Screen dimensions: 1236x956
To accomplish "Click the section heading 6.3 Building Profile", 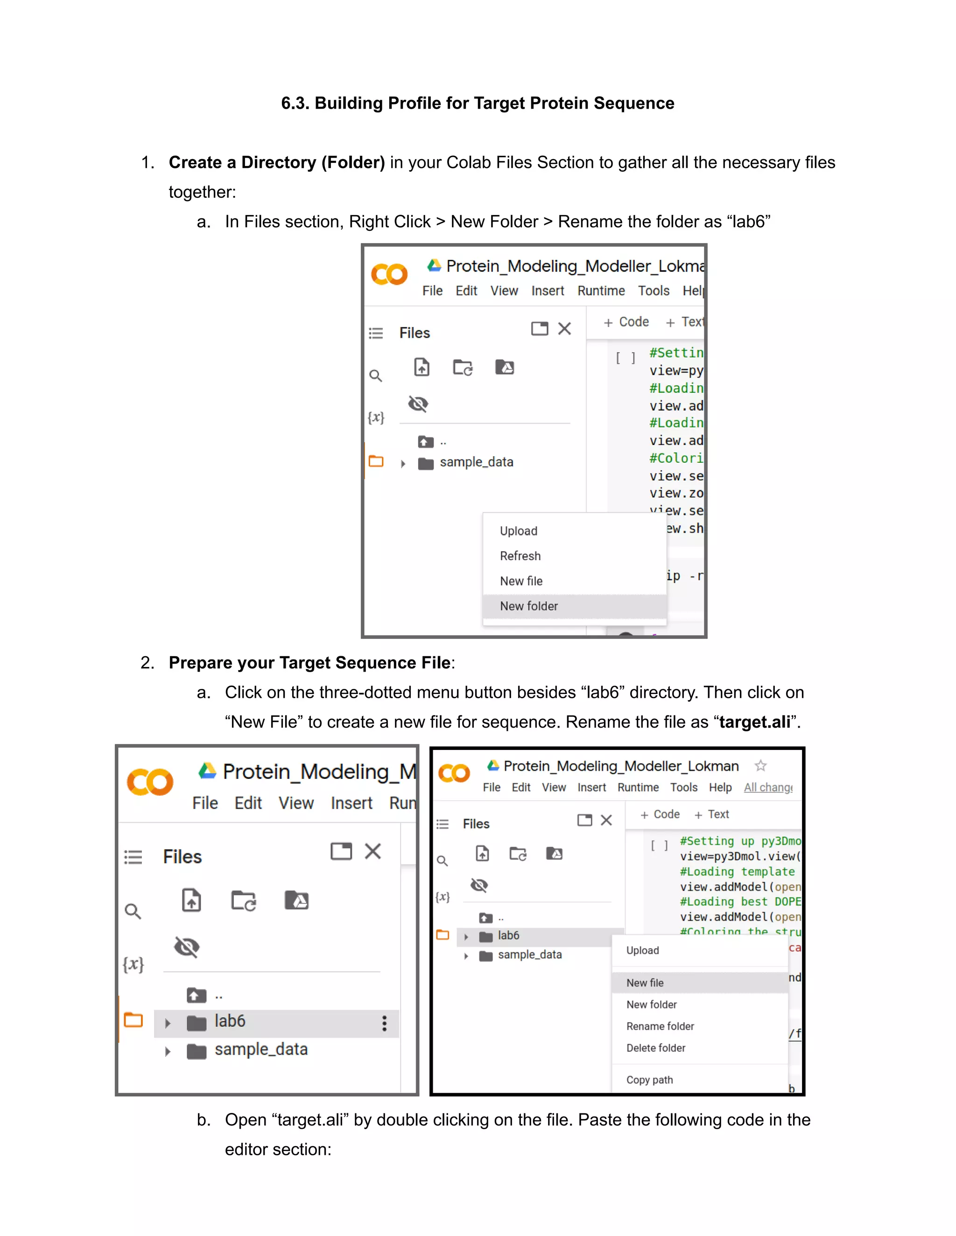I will [x=478, y=104].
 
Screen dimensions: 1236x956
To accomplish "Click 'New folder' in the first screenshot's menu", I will [x=528, y=606].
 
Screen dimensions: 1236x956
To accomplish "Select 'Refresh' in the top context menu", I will [x=520, y=556].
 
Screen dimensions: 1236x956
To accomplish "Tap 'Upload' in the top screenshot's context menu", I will [x=518, y=531].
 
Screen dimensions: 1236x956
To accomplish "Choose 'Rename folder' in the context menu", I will [x=660, y=1026].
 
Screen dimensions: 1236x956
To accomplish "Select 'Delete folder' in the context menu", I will [x=655, y=1048].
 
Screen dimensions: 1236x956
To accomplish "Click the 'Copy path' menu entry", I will [x=649, y=1080].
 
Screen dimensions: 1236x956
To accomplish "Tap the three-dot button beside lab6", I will [x=384, y=1023].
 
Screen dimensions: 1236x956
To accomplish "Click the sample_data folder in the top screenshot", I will [x=476, y=462].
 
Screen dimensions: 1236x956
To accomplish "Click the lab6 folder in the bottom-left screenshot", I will [x=229, y=1021].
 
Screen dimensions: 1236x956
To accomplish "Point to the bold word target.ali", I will [x=754, y=722].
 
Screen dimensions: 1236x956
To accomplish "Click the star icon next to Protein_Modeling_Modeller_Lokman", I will [x=760, y=766].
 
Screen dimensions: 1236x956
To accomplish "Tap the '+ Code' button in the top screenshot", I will [x=626, y=322].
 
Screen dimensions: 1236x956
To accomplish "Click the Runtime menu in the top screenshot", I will [x=601, y=291].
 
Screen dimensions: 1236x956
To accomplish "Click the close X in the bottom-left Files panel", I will [x=373, y=851].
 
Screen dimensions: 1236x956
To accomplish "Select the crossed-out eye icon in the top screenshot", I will [x=418, y=404].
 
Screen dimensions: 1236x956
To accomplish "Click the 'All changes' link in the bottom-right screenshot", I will [x=767, y=788].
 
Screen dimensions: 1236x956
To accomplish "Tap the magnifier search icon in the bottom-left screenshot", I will [x=133, y=911].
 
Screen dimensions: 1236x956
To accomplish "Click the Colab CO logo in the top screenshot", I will [x=389, y=274].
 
